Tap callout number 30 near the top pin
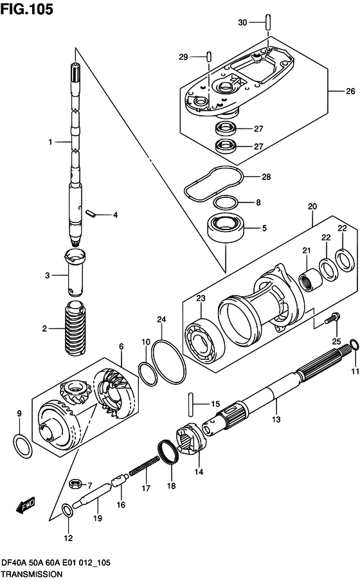242,22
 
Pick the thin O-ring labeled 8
225,203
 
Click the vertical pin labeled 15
191,404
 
